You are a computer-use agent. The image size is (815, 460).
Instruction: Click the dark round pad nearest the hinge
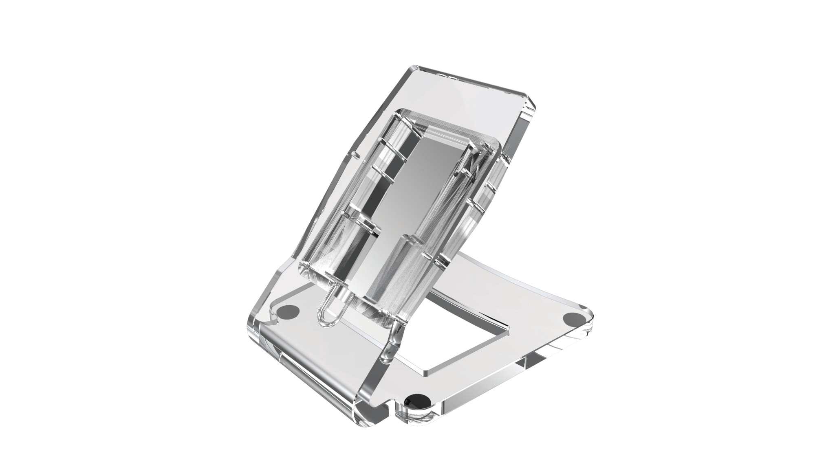tap(289, 311)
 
